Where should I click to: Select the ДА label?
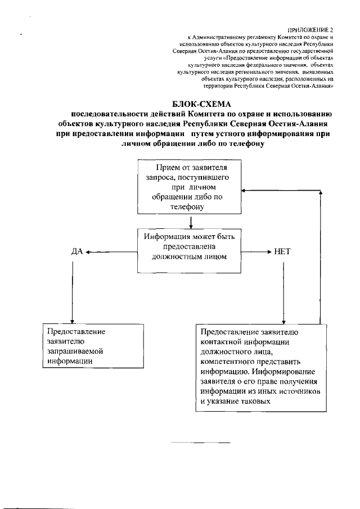pos(77,252)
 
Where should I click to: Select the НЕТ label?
pos(282,252)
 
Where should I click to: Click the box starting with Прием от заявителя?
pos(191,187)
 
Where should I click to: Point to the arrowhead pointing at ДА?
pos(89,252)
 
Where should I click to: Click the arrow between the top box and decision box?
pos(192,221)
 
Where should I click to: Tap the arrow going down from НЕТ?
pos(283,292)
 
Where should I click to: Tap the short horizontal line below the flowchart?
pos(200,443)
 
